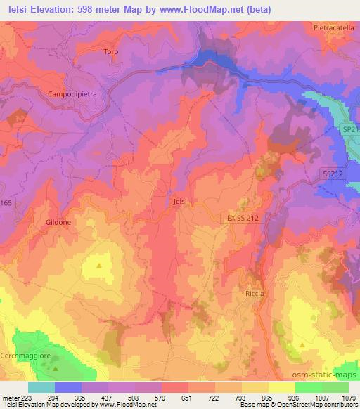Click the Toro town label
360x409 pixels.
(111, 52)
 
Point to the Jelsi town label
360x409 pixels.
(180, 202)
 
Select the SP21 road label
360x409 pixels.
(350, 130)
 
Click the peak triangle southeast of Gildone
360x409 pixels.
(99, 265)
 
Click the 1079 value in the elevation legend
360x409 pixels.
(347, 397)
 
